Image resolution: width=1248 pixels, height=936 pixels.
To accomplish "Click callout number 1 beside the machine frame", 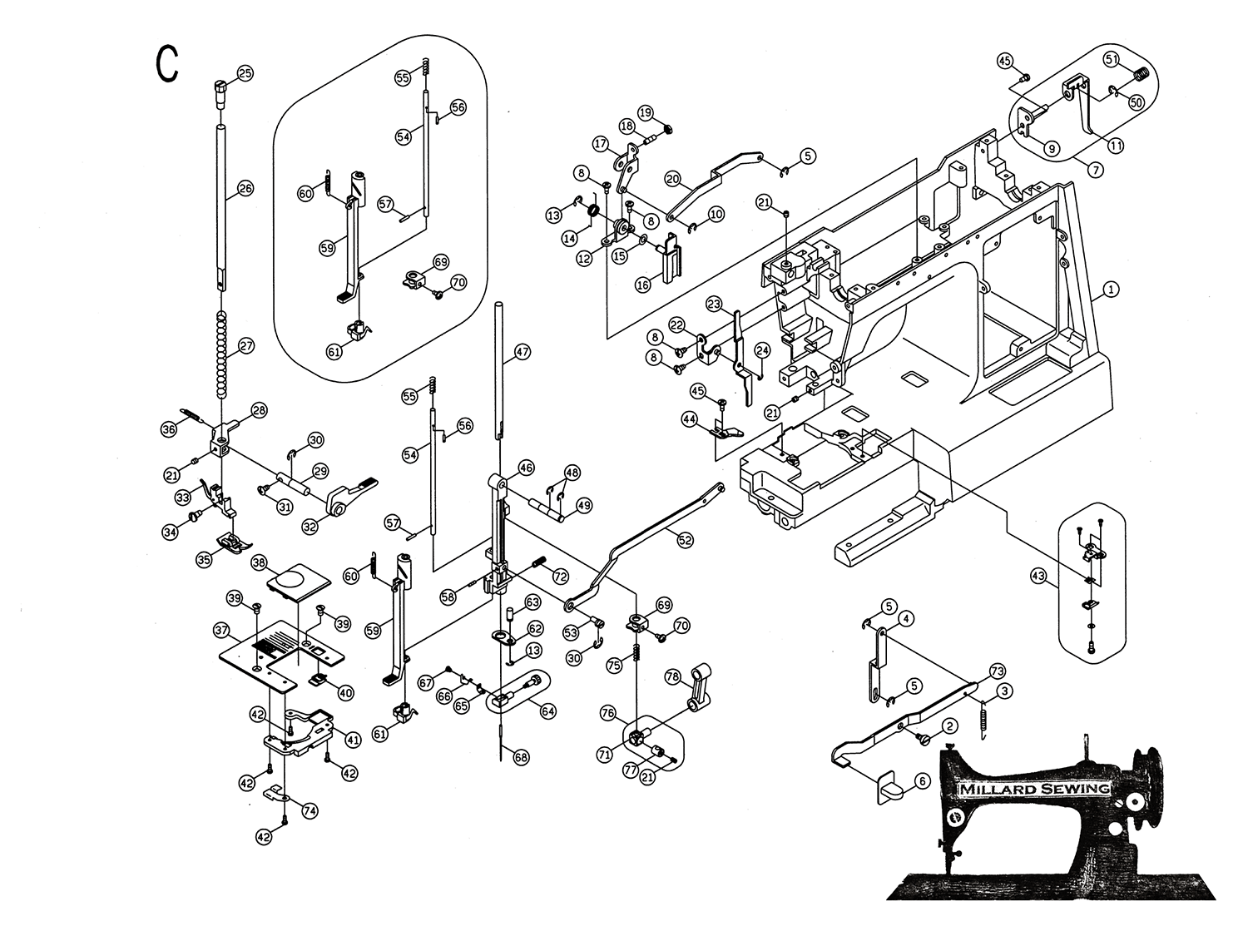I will click(1112, 290).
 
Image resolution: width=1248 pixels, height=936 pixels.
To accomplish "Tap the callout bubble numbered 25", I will click(245, 74).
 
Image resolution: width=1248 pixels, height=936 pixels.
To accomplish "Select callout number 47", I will click(522, 352).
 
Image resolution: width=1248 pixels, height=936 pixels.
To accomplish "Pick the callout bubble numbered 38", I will click(260, 562).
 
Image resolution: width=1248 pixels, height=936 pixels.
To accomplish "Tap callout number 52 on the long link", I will click(685, 540).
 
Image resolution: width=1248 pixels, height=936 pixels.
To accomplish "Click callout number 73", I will click(998, 671).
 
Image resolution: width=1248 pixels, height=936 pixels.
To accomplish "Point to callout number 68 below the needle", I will click(522, 758).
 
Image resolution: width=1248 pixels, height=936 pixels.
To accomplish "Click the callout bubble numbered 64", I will click(547, 711).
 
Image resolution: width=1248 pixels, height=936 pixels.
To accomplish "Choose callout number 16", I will click(643, 284).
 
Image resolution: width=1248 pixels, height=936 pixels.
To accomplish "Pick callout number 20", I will click(673, 179).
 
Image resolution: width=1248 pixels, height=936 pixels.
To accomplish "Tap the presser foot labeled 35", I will click(230, 542).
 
